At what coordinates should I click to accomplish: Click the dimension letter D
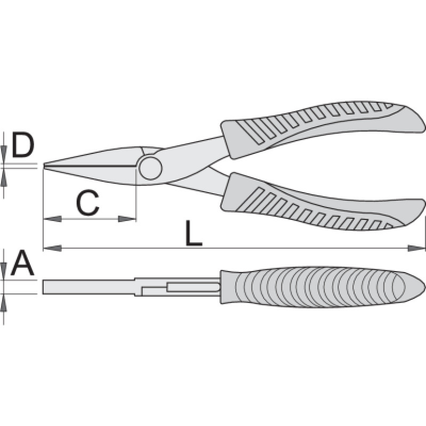click(x=23, y=145)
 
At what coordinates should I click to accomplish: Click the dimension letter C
click(x=87, y=202)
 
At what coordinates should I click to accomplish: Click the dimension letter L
click(x=194, y=233)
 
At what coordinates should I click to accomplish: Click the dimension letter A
click(x=22, y=263)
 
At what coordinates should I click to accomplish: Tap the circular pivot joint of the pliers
click(x=151, y=168)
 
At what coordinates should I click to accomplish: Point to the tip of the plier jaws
click(x=44, y=166)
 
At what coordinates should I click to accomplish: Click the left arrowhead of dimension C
click(x=52, y=219)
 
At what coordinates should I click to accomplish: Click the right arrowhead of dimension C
click(x=127, y=219)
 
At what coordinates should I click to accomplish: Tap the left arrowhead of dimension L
click(x=52, y=248)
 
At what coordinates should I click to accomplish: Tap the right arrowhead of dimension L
click(x=416, y=248)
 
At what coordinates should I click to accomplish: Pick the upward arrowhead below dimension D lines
click(x=4, y=177)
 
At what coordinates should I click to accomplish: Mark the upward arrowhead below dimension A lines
click(x=4, y=302)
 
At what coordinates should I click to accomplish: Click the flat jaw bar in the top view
click(x=89, y=287)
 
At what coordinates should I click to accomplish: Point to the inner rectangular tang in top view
click(x=193, y=287)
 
